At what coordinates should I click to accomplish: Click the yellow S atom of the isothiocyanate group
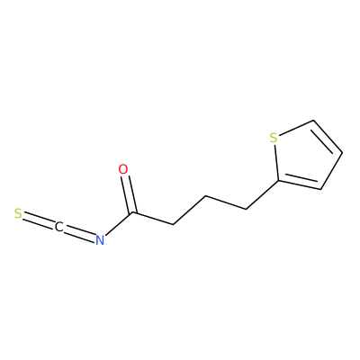coord(18,213)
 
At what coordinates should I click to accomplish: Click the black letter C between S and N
coord(58,227)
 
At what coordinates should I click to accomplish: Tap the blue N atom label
coord(100,240)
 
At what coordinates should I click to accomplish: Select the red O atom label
coord(123,169)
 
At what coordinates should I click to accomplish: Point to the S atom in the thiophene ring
coord(274,138)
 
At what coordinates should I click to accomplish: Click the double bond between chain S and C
coord(39,220)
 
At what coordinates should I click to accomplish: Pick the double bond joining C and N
coord(79,233)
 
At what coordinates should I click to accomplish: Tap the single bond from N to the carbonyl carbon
coord(119,224)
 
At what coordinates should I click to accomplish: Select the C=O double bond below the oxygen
coord(129,193)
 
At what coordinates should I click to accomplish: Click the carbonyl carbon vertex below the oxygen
coord(133,213)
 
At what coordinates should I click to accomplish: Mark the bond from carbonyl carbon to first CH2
coord(153,219)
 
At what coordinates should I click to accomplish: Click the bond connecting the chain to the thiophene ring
coord(262,195)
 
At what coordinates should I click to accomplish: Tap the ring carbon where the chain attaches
coord(278,181)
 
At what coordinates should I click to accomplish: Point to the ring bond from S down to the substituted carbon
coord(276,162)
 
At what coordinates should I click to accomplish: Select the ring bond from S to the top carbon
coord(296,128)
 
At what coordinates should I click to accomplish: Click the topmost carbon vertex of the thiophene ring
coord(313,121)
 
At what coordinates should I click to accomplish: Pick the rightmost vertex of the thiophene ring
coord(342,153)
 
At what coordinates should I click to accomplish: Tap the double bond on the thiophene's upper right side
coord(327,138)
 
